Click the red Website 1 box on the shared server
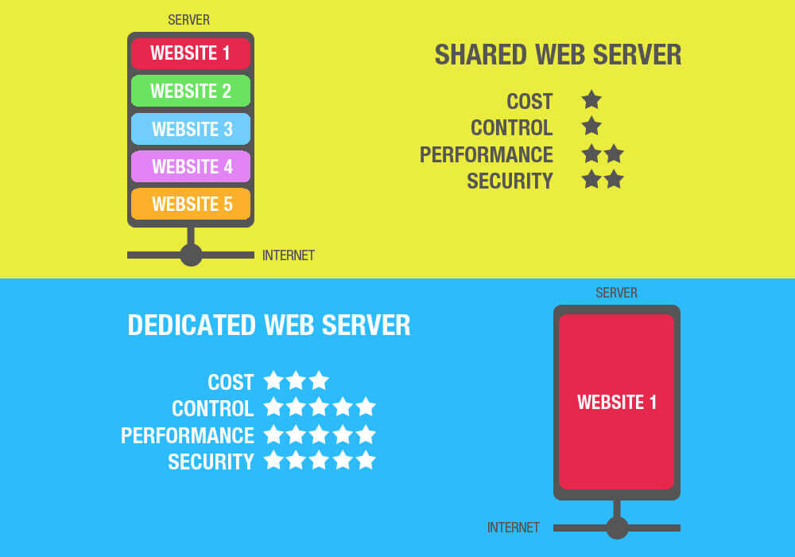(191, 53)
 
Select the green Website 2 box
(191, 91)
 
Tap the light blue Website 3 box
(191, 129)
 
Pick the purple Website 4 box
(191, 166)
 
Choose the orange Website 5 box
(191, 204)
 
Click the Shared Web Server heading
(558, 55)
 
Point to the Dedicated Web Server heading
(269, 325)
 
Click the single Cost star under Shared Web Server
(591, 100)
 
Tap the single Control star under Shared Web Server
(591, 127)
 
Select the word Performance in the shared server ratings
(487, 154)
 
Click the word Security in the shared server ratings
(510, 181)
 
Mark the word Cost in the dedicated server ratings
(231, 382)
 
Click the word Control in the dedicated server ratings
(212, 408)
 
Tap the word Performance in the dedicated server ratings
(187, 435)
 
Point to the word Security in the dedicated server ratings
(211, 462)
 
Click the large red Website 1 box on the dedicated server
(617, 402)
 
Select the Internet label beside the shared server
(289, 255)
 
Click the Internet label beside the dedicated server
(513, 528)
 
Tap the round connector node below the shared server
(191, 255)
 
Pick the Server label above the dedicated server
(617, 293)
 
